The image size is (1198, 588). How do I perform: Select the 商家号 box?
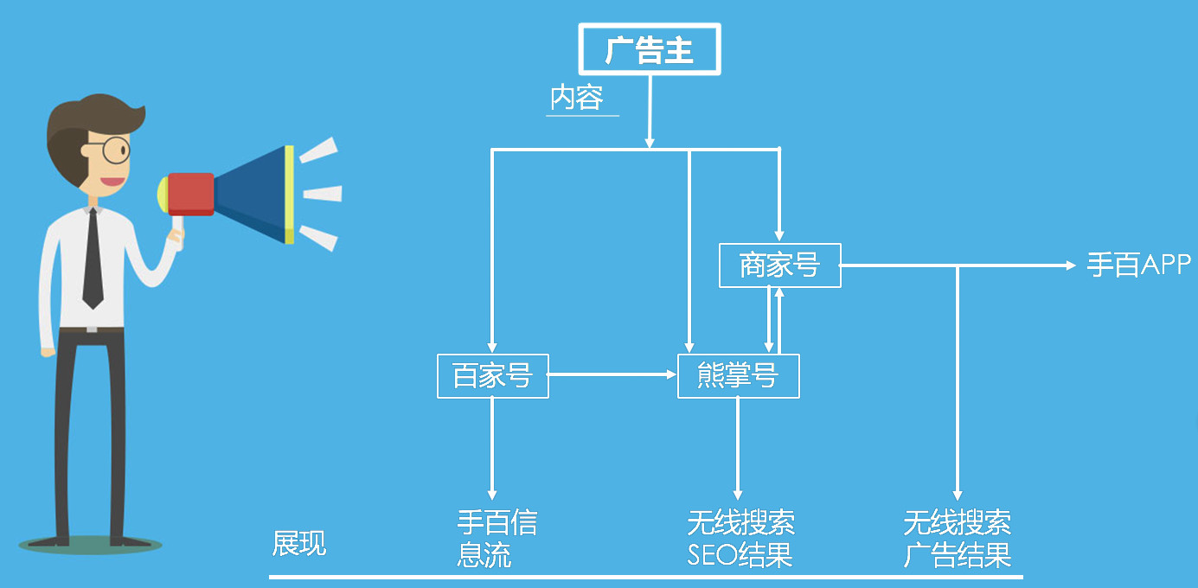pyautogui.click(x=779, y=265)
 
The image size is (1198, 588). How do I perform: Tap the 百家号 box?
pyautogui.click(x=492, y=376)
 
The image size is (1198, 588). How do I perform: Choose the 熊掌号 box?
pyautogui.click(x=738, y=376)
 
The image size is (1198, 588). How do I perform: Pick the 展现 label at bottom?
pyautogui.click(x=299, y=543)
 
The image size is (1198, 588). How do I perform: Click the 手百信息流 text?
pyautogui.click(x=496, y=538)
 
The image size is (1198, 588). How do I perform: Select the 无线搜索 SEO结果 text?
pyautogui.click(x=740, y=538)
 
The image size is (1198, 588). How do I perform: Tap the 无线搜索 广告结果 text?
pyautogui.click(x=958, y=538)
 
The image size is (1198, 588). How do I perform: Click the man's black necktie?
pyautogui.click(x=93, y=259)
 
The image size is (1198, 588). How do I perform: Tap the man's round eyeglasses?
pyautogui.click(x=116, y=150)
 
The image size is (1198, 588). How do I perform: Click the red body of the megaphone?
pyautogui.click(x=190, y=194)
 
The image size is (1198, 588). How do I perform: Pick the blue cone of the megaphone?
pyautogui.click(x=253, y=194)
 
